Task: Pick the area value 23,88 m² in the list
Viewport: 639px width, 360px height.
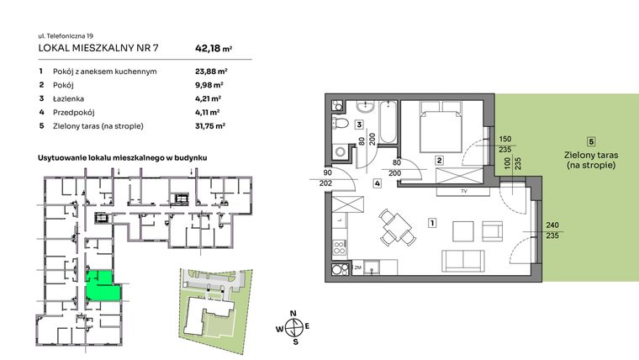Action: click(x=210, y=71)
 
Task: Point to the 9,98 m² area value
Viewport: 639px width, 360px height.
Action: click(x=209, y=85)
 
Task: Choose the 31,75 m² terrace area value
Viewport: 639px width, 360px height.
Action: click(x=210, y=125)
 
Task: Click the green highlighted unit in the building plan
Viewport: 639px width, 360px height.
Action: click(x=103, y=287)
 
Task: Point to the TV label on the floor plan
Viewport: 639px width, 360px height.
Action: click(x=463, y=191)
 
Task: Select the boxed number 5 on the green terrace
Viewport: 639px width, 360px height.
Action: click(x=591, y=141)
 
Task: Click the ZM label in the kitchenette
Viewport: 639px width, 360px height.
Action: click(x=356, y=267)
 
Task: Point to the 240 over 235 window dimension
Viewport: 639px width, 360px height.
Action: click(x=552, y=230)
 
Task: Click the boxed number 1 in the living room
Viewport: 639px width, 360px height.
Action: click(x=431, y=223)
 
